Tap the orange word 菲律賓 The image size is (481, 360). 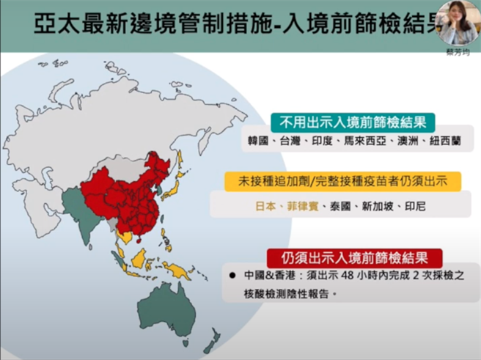pos(301,207)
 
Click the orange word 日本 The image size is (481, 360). pos(265,207)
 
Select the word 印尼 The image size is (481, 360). pos(416,207)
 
